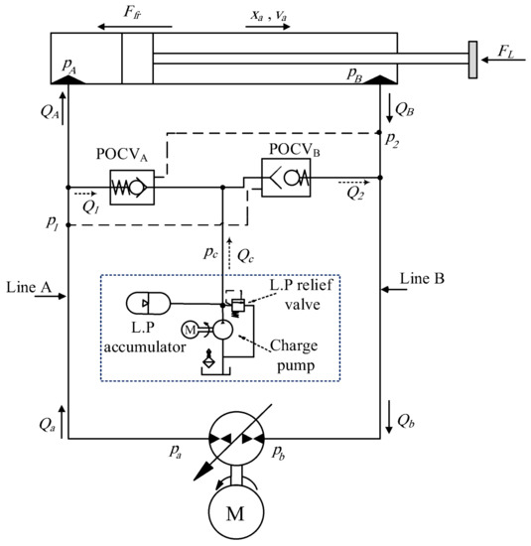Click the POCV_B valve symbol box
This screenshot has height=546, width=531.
point(285,179)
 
